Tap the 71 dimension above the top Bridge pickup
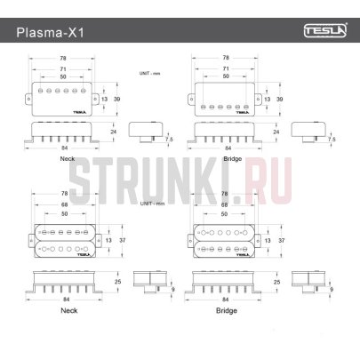pyautogui.click(x=227, y=68)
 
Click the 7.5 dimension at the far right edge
pyautogui.click(x=332, y=139)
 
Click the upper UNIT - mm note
pyautogui.click(x=152, y=72)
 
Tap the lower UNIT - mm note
pyautogui.click(x=152, y=204)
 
